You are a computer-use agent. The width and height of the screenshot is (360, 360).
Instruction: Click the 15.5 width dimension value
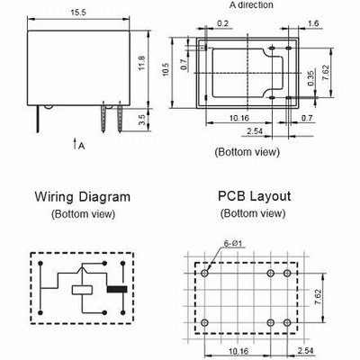78,13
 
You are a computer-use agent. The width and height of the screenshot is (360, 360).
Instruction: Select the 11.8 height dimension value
142,63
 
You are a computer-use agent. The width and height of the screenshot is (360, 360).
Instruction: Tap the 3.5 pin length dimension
142,120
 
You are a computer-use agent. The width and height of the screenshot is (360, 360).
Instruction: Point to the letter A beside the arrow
81,146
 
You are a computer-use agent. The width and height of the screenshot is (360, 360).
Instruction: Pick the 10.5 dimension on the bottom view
166,69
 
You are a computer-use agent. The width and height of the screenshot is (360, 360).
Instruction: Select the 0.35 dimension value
310,78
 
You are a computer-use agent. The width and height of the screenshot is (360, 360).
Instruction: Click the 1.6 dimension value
313,23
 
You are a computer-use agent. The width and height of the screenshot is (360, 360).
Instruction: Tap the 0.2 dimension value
222,23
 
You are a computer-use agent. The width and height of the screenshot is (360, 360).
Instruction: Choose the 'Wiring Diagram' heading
83,197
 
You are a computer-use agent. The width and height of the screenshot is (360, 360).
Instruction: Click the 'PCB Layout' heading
254,196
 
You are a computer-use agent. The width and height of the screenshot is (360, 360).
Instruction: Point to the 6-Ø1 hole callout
233,243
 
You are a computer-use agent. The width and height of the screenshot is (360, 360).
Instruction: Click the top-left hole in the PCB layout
205,274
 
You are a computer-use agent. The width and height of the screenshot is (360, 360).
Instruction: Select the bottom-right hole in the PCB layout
287,323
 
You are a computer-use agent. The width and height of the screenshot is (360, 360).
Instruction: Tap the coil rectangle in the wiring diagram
82,290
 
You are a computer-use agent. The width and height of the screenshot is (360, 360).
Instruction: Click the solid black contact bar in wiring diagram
117,290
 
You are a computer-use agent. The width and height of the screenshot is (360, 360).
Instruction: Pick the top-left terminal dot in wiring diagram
40,264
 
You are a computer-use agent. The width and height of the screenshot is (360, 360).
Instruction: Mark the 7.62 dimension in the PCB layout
318,297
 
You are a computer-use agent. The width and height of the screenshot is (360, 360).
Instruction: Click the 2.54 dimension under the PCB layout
305,351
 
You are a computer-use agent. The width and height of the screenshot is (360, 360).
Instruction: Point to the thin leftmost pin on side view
38,119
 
